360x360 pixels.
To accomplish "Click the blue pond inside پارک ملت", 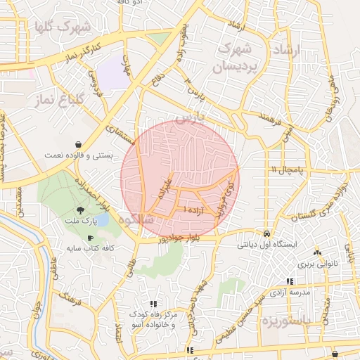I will coord(101,220).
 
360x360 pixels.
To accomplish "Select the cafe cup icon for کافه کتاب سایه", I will coord(90,238).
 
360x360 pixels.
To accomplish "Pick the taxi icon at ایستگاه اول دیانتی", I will coord(266,233).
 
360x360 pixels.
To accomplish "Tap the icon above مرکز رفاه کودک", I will coord(153,304).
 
